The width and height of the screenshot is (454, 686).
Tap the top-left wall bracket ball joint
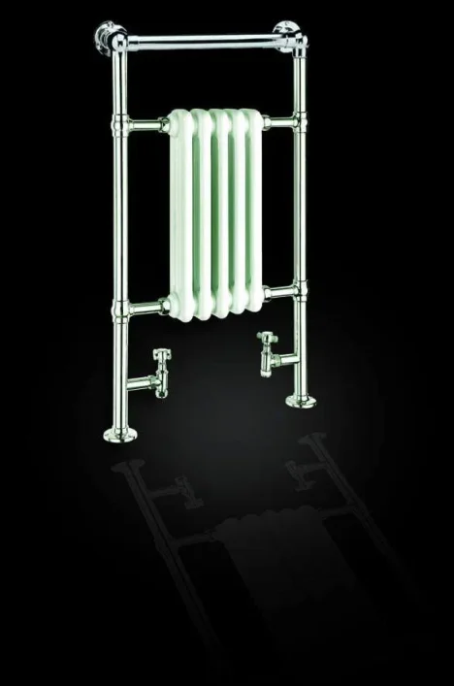(x=106, y=38)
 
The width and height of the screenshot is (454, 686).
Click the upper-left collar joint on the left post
(x=122, y=126)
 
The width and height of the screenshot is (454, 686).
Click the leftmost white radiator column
(x=181, y=218)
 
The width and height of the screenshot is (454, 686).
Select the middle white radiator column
(x=219, y=213)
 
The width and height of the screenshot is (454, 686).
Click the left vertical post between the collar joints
(x=121, y=218)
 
